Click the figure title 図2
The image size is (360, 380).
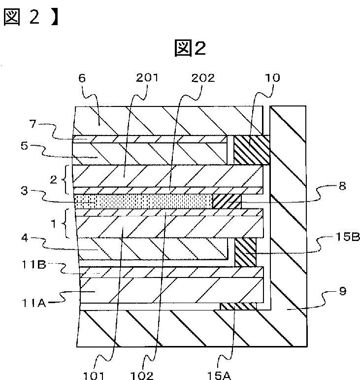pos(190,48)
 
